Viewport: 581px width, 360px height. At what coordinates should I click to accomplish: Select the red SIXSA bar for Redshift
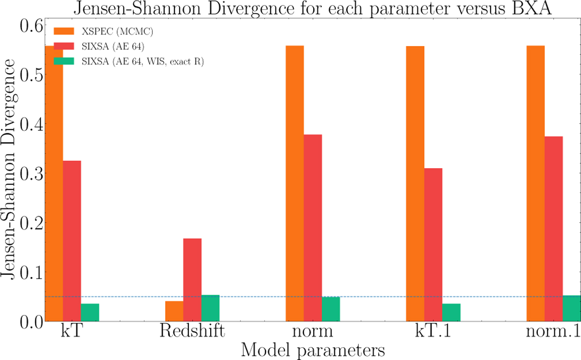[x=192, y=280]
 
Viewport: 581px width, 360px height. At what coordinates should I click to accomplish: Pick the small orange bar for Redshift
[x=174, y=311]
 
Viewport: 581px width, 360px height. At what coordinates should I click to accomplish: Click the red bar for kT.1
[x=433, y=245]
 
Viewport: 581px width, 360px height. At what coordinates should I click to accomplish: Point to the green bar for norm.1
[x=571, y=308]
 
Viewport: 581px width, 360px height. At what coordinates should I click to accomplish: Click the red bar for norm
[x=313, y=228]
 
